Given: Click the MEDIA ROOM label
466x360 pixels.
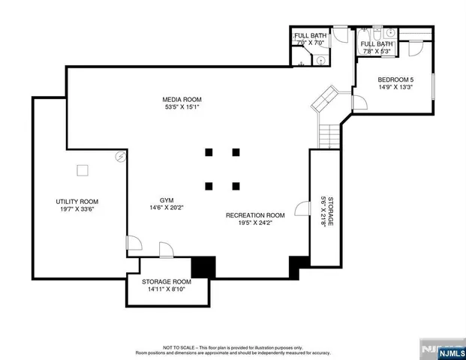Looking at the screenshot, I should point(182,99).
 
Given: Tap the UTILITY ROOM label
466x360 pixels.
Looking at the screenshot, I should point(77,201).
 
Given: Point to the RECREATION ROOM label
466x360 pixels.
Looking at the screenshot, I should point(255,214).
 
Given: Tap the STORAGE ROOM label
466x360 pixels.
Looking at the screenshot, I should point(167,281).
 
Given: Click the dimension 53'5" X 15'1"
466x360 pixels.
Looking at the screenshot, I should point(182,107).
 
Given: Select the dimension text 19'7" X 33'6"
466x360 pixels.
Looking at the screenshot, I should point(77,209).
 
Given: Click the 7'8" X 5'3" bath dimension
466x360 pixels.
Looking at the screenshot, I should point(377,52).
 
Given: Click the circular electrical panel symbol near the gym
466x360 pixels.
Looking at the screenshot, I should point(120,157).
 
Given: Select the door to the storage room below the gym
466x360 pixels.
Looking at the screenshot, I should point(166,249).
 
